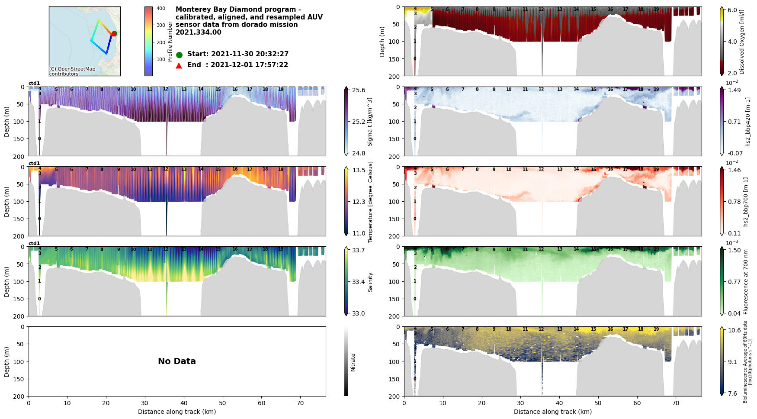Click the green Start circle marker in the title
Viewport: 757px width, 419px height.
179,55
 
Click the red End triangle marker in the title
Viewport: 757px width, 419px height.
179,65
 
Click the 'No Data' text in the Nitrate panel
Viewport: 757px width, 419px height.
176,361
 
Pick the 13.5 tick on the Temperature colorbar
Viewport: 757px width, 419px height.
359,170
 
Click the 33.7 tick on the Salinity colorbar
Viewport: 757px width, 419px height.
359,250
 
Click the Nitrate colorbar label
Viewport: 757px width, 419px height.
353,363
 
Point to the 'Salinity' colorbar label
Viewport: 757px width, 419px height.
370,282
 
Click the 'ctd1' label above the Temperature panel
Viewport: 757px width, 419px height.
34,164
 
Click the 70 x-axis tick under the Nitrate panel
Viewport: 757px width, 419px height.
300,403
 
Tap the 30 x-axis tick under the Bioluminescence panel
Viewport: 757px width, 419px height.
520,403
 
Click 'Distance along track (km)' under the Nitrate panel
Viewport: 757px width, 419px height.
177,412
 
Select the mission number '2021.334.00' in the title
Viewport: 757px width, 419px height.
199,32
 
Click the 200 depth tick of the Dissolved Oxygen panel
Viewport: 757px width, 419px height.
394,76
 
